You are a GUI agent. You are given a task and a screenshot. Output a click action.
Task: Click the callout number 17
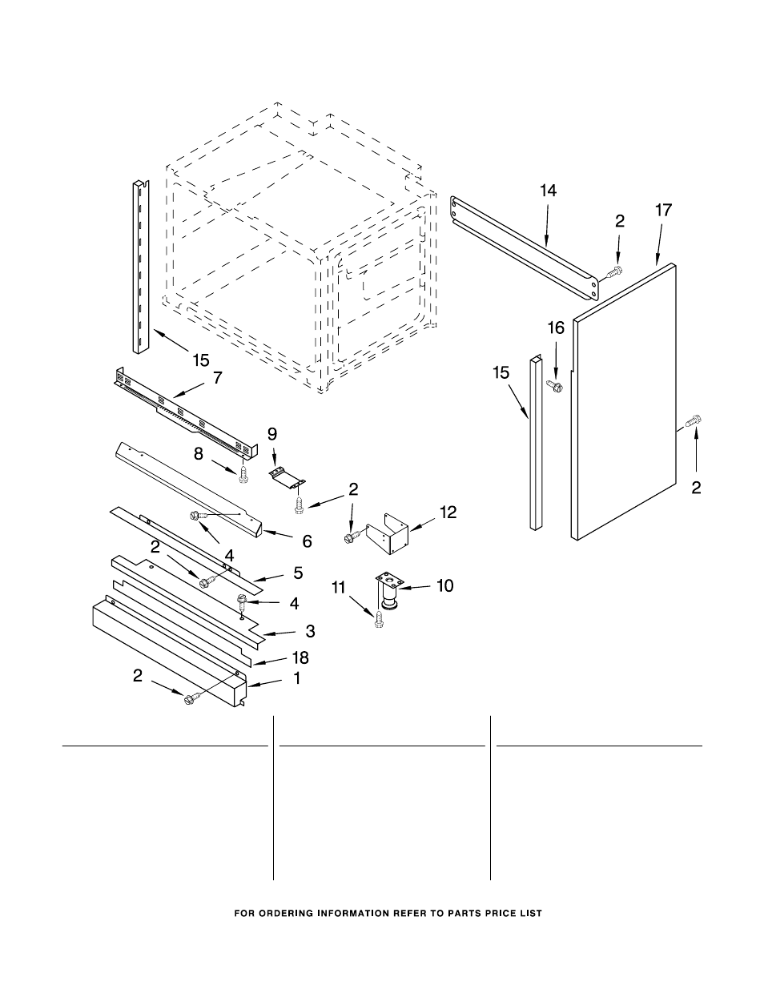[x=663, y=211]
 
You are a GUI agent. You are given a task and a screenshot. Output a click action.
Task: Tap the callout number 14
[x=548, y=191]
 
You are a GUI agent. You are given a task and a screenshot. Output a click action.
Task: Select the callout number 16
[x=555, y=328]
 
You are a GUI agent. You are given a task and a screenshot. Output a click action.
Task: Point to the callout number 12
[x=448, y=512]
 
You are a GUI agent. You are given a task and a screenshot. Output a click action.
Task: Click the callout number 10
[x=444, y=586]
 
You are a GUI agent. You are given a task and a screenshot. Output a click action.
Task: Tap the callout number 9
[x=272, y=434]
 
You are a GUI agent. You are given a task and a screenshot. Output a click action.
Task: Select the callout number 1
[x=297, y=679]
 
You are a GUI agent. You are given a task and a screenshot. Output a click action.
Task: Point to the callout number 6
[x=307, y=541]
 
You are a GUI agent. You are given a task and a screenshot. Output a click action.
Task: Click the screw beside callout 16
[x=554, y=387]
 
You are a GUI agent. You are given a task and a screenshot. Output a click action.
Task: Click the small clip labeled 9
[x=286, y=476]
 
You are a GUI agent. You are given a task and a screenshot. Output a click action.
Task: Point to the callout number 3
[x=309, y=631]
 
